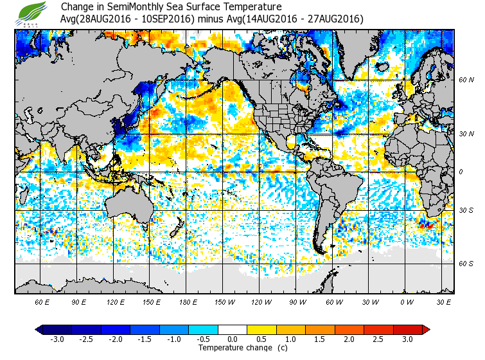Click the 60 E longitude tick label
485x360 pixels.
tap(42, 301)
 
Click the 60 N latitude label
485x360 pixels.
tap(466, 80)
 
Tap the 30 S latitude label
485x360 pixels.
tap(466, 211)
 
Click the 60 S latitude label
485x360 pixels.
tap(466, 264)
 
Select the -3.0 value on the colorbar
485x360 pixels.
tap(57, 339)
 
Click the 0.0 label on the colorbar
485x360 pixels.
tap(232, 339)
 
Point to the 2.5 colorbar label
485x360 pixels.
tap(378, 339)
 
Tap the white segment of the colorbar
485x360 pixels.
tap(232, 329)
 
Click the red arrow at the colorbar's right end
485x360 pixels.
tap(426, 329)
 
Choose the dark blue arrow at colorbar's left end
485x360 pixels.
tap(39, 329)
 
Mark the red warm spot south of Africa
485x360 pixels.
tap(424, 225)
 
